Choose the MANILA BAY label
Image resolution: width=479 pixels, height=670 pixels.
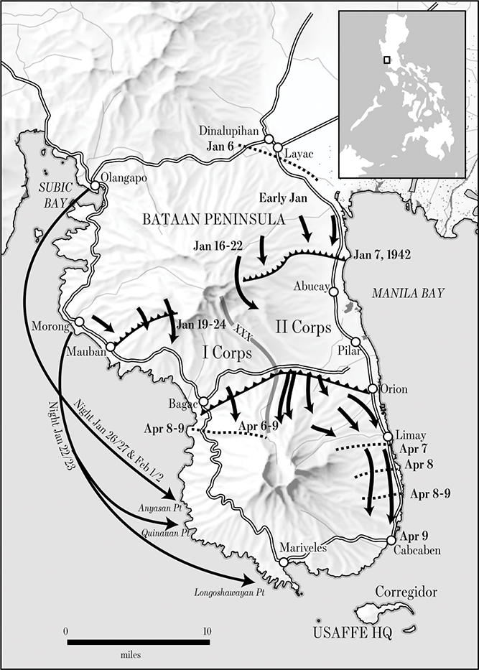tap(407, 293)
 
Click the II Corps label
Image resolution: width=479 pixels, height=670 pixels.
tap(303, 327)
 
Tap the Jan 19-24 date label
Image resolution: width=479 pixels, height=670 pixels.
tap(201, 323)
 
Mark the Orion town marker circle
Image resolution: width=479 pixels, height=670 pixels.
tap(373, 388)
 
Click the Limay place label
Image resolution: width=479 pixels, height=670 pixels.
tap(411, 436)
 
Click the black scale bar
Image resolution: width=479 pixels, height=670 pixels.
tap(137, 641)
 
